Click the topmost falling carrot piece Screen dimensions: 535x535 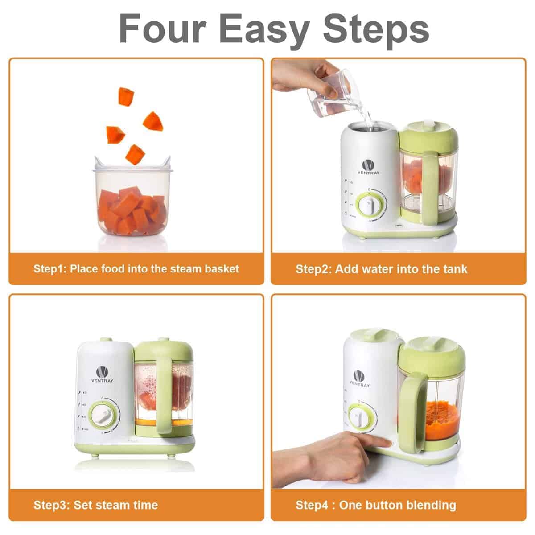click(126, 96)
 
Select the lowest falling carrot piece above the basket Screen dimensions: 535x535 click(135, 154)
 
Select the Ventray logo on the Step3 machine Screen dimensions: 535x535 click(103, 375)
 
